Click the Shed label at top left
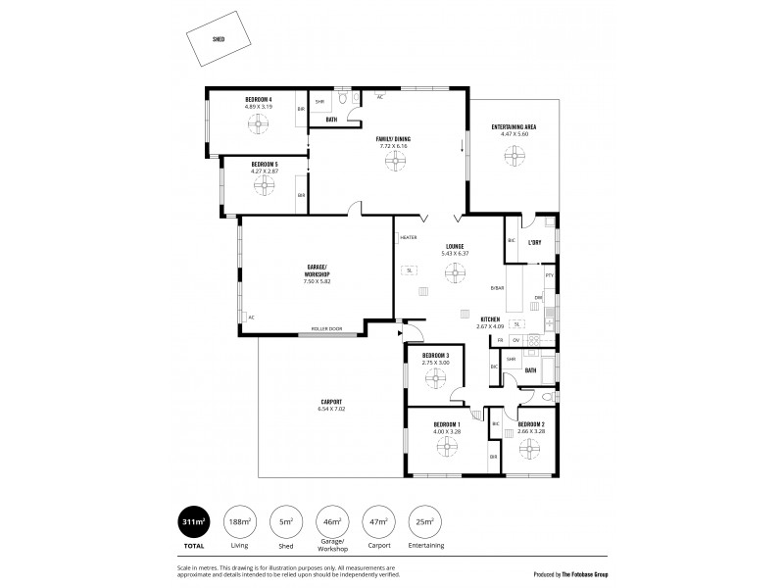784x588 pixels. tap(218, 39)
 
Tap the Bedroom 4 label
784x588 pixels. tap(259, 99)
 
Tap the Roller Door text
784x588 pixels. tap(326, 328)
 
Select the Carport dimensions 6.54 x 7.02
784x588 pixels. tap(332, 409)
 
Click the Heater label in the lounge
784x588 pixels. tap(409, 237)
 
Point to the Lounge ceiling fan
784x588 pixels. tap(453, 276)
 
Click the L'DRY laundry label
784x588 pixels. tap(535, 241)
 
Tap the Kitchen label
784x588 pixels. tap(490, 319)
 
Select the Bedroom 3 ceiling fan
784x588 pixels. tap(435, 374)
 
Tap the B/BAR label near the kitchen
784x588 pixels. tap(498, 287)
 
